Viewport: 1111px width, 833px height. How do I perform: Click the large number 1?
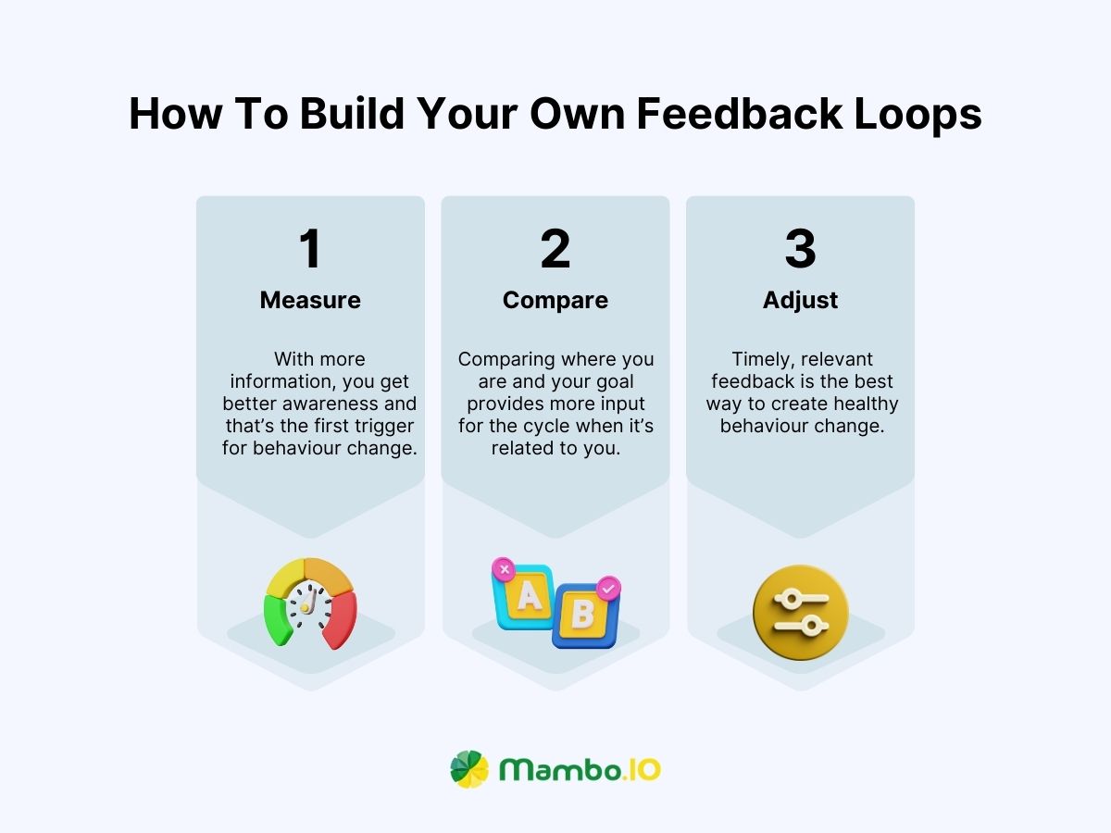coord(310,249)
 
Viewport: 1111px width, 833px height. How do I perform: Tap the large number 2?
coord(555,249)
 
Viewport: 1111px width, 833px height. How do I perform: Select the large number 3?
coord(800,249)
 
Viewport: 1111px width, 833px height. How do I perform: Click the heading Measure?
coord(310,300)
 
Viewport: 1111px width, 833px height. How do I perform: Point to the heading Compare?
coord(555,300)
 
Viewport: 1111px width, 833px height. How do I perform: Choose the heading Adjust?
coord(800,300)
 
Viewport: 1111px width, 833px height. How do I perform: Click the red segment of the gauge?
coord(340,617)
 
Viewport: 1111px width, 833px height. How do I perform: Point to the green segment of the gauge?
coord(277,618)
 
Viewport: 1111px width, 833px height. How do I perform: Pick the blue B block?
coord(583,616)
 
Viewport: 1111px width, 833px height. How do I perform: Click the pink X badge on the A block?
coord(504,568)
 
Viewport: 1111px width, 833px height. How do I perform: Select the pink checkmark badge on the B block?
coord(608,587)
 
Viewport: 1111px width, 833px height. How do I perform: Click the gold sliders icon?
coord(800,613)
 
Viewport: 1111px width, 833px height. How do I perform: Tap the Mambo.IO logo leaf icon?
coord(469,769)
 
